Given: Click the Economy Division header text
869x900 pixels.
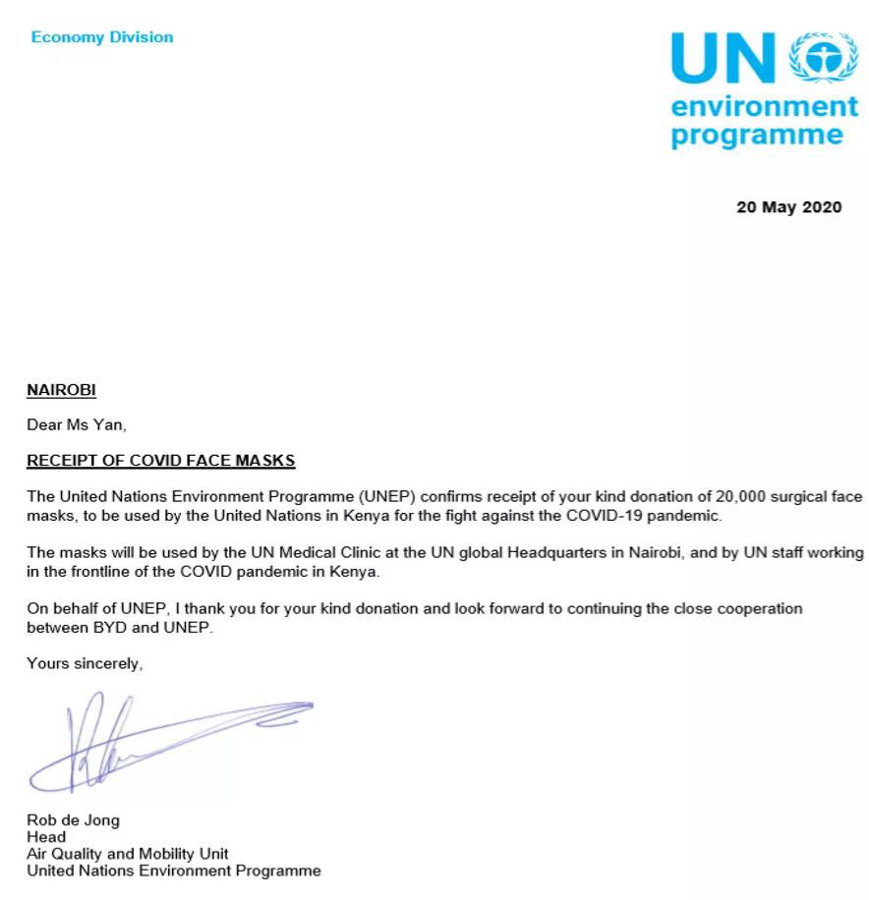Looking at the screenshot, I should click(x=102, y=37).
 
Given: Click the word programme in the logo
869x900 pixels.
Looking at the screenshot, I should click(x=756, y=135).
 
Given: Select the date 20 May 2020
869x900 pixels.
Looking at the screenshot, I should click(x=788, y=207).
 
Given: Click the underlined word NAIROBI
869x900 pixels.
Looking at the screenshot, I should click(x=61, y=390).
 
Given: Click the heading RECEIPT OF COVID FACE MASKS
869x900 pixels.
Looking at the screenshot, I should click(x=160, y=461).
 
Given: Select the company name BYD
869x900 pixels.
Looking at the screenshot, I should click(x=109, y=627).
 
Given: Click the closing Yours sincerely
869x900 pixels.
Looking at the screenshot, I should click(x=85, y=663).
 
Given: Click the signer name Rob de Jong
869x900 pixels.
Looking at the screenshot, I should click(x=73, y=820).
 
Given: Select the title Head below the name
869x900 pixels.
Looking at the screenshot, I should click(x=45, y=837).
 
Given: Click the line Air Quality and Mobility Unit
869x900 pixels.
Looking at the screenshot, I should click(x=127, y=854).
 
